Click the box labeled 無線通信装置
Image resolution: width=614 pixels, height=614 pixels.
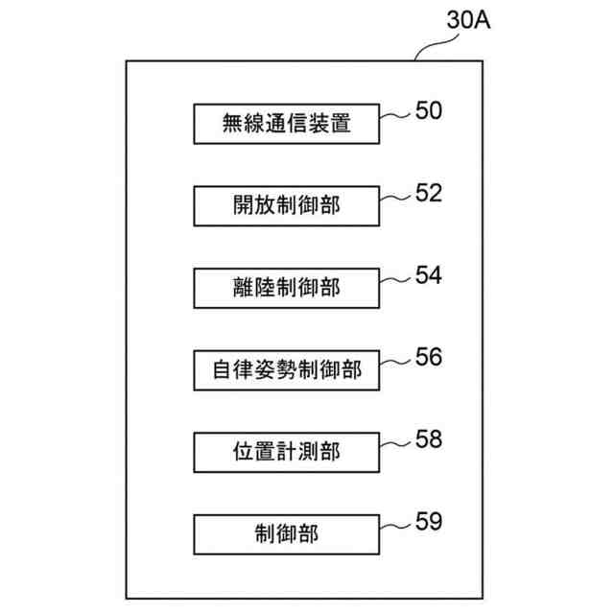pyautogui.click(x=287, y=123)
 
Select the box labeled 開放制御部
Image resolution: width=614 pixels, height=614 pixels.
pyautogui.click(x=287, y=204)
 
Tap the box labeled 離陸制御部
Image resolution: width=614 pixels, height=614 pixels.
pyautogui.click(x=287, y=286)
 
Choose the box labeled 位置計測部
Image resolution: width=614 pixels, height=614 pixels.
pyautogui.click(x=287, y=451)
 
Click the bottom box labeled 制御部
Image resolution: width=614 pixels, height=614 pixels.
pyautogui.click(x=287, y=533)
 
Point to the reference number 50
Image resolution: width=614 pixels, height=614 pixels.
pyautogui.click(x=429, y=111)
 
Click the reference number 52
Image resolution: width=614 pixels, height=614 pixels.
pyautogui.click(x=429, y=194)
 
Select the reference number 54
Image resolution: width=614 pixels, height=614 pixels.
pyautogui.click(x=429, y=275)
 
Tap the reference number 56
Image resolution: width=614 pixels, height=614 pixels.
pyautogui.click(x=429, y=357)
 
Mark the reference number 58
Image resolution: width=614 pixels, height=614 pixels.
pyautogui.click(x=429, y=439)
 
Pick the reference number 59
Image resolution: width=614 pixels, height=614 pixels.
pyautogui.click(x=429, y=522)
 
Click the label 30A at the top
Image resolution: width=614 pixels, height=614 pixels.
pyautogui.click(x=469, y=20)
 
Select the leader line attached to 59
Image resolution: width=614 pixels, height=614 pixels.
pyautogui.click(x=395, y=527)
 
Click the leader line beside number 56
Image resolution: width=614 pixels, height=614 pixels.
pyautogui.click(x=395, y=363)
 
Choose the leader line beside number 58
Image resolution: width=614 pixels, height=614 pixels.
pyautogui.click(x=395, y=444)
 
